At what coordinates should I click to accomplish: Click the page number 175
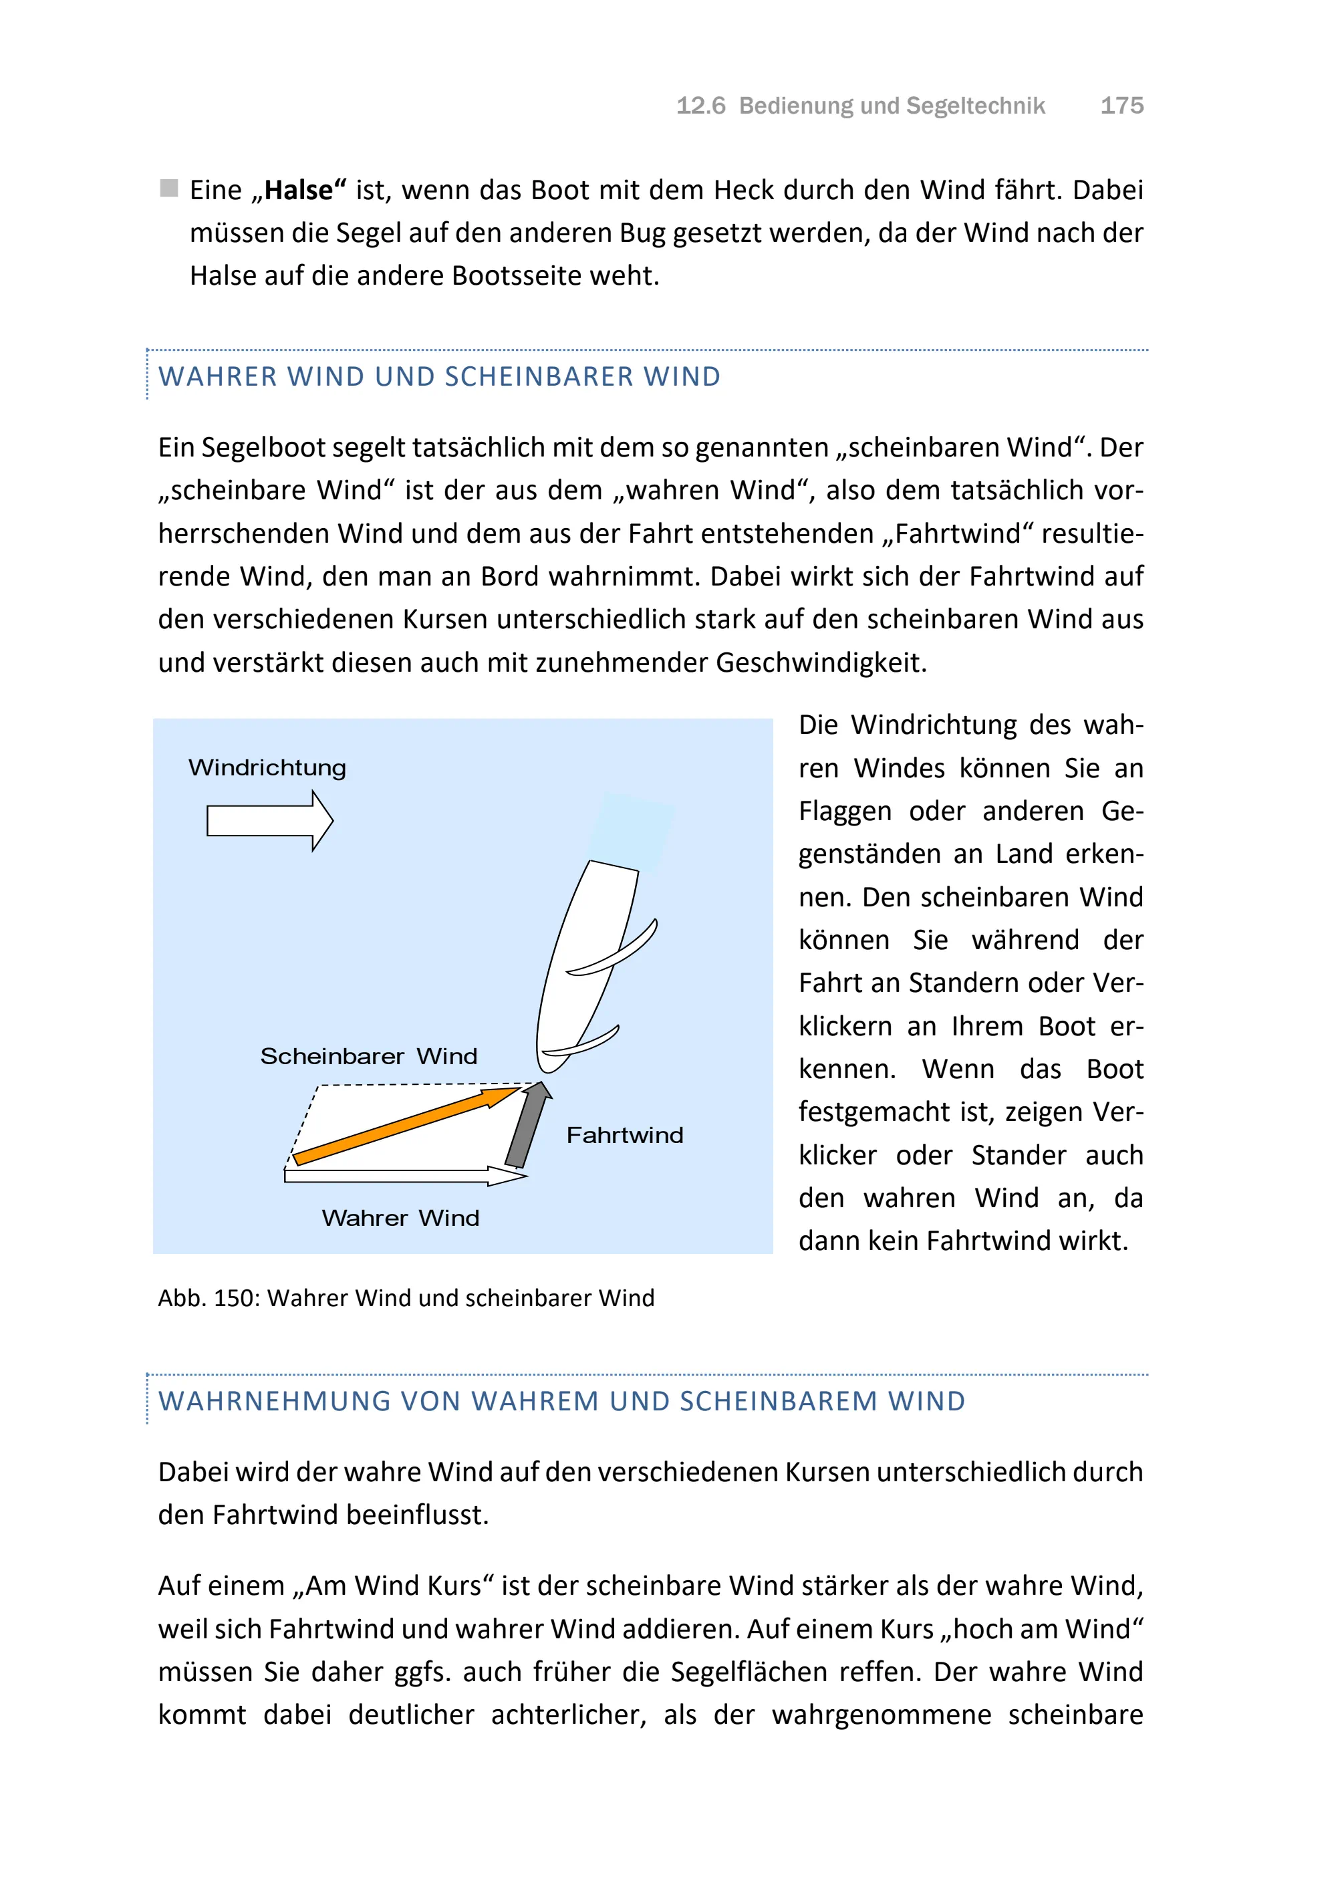(1121, 106)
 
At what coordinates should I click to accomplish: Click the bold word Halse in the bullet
(298, 190)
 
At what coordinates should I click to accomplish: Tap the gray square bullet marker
(168, 188)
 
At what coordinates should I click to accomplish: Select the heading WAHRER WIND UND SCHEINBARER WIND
(439, 377)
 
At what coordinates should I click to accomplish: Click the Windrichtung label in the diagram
(267, 768)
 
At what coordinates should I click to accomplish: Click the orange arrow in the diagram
(405, 1126)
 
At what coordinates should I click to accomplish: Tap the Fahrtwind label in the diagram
(625, 1135)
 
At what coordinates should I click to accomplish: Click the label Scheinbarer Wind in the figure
(368, 1056)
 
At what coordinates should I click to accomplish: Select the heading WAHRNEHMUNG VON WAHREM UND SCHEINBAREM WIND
(562, 1401)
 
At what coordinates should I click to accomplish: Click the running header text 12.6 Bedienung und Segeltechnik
(860, 106)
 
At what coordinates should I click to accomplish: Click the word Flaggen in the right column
(845, 811)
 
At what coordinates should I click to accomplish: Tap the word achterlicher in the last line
(567, 1715)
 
